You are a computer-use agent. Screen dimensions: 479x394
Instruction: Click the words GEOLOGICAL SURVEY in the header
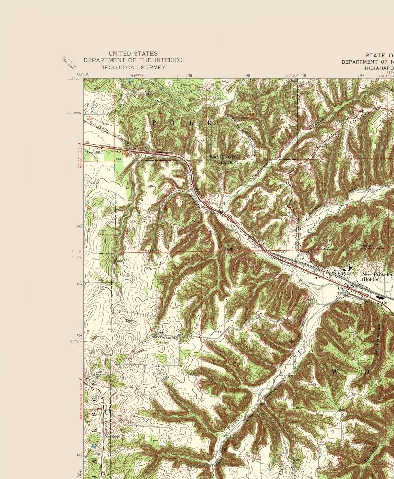point(133,68)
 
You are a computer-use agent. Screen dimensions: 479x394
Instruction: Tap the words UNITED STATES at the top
point(133,53)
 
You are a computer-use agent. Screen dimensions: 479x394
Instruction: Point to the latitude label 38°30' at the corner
point(74,79)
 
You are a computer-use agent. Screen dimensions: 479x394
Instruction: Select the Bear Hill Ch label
point(96,153)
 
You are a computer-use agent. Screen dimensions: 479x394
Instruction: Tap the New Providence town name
point(378,274)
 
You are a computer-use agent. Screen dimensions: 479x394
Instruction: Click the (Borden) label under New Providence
point(371,279)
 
